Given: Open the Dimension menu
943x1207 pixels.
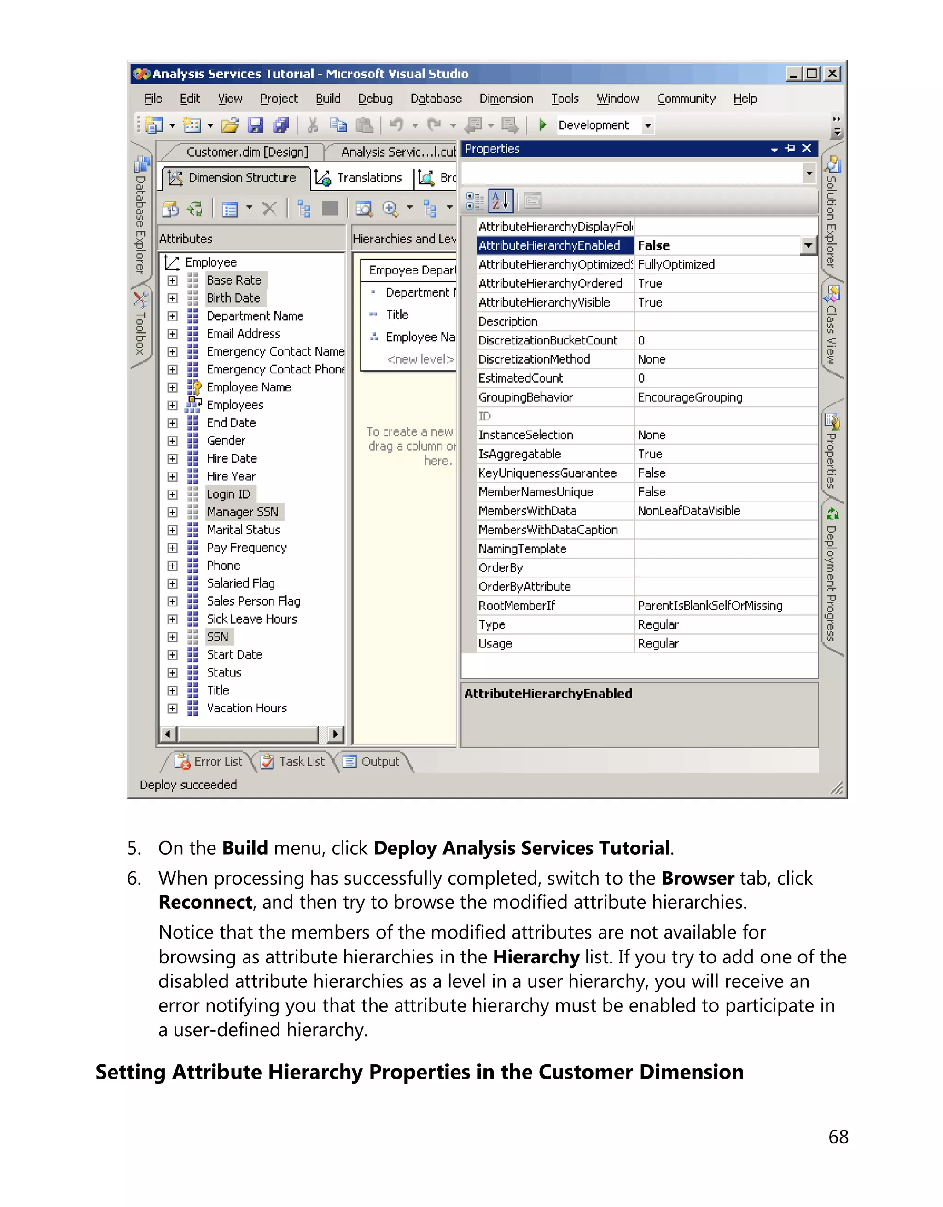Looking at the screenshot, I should tap(506, 99).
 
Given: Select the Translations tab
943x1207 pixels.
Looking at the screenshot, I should tap(368, 177).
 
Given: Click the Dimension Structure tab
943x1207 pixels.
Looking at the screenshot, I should tap(241, 177).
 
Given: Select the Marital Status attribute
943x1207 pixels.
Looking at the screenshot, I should tap(243, 530).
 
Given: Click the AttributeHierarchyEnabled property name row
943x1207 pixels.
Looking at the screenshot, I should tap(549, 245).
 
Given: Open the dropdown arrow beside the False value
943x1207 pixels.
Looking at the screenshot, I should tap(808, 245).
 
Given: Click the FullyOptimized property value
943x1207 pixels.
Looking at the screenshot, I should tap(675, 264).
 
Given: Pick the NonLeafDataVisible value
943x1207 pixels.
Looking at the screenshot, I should tap(688, 511).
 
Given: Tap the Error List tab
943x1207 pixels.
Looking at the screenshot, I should tap(211, 762).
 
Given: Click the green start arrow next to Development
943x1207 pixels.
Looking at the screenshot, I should tap(542, 125).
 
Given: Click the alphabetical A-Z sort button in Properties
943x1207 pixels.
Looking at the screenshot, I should tap(501, 201).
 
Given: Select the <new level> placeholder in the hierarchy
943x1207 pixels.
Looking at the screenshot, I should tap(420, 359).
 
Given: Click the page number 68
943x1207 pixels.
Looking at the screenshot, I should tap(838, 1137).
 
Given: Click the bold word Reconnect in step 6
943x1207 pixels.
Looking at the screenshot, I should tap(205, 903).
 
